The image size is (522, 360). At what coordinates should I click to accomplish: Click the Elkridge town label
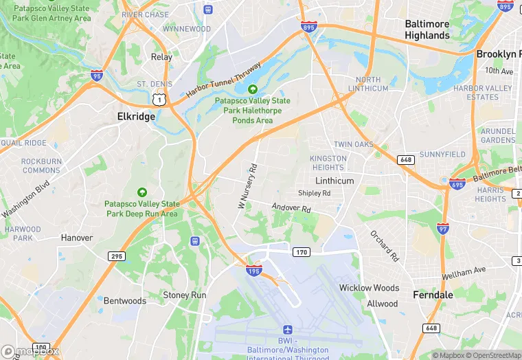point(135,117)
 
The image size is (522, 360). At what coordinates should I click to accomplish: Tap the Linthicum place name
point(334,181)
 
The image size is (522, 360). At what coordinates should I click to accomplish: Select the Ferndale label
point(433,295)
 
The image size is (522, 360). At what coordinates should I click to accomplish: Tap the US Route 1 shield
point(159,100)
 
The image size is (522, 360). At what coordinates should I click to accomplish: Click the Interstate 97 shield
point(444,227)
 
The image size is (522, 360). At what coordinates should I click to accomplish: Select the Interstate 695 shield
point(457,183)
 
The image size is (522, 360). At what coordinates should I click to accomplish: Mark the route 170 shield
point(302,252)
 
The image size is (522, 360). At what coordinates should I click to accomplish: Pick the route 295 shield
point(117,256)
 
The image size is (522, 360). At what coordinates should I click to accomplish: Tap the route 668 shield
point(406,160)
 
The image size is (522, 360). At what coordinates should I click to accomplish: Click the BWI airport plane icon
point(287,332)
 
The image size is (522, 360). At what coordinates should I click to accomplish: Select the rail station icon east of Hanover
point(195,241)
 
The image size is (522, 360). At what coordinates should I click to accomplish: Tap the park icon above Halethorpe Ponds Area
point(252,89)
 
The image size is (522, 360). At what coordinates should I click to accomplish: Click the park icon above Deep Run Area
point(142,192)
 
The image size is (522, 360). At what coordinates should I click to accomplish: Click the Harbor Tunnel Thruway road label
point(223,80)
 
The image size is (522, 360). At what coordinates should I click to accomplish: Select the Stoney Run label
point(184,295)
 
